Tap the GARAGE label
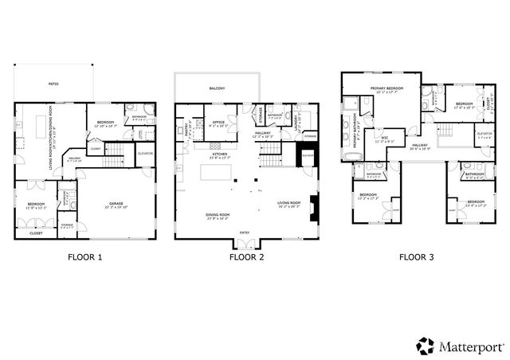[x=116, y=205]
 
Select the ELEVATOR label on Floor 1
[x=145, y=153]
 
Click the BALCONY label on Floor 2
[x=217, y=88]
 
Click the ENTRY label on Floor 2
[x=244, y=233]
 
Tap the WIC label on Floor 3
[x=384, y=137]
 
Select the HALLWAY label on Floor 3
[x=420, y=146]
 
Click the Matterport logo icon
[x=425, y=345]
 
